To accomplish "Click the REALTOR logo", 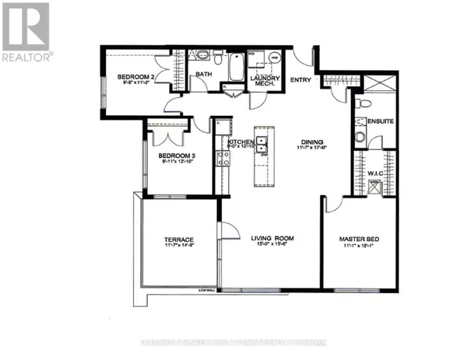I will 26,31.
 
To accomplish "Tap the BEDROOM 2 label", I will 134,76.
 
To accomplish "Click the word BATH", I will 204,75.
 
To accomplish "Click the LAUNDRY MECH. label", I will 264,82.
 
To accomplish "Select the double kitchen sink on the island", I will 263,145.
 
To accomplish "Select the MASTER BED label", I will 358,239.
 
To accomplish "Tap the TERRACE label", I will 178,239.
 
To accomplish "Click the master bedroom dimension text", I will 358,246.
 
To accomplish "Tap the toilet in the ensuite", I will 360,138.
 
